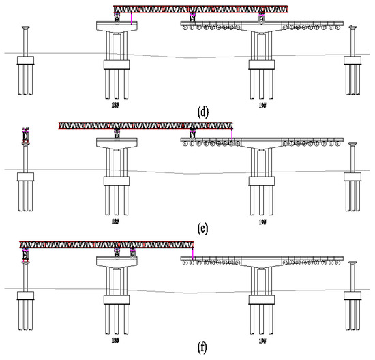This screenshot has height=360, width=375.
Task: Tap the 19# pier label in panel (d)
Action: [262, 105]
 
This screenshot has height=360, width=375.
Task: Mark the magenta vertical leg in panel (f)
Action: [193, 254]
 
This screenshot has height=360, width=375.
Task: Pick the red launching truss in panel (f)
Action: [106, 244]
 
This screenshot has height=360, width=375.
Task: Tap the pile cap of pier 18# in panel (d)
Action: [117, 64]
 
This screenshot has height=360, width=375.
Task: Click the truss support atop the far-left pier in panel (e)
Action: [26, 136]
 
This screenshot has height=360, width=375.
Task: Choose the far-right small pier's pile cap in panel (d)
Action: [352, 61]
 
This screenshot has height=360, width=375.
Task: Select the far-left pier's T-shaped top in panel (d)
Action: [26, 28]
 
